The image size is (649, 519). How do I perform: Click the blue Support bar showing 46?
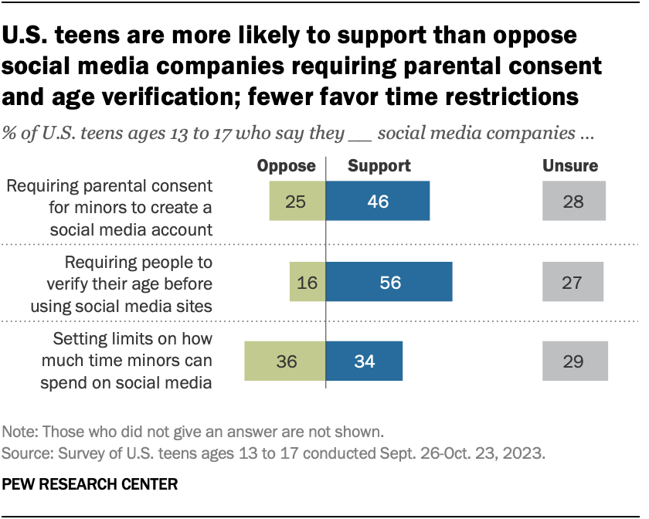(x=378, y=202)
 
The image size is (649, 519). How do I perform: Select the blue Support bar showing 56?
(x=389, y=282)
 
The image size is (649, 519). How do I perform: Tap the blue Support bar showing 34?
(x=364, y=361)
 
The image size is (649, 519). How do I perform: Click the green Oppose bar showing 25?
(x=297, y=202)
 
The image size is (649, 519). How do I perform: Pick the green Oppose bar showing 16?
(x=308, y=282)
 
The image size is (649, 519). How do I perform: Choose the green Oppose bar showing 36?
(x=285, y=361)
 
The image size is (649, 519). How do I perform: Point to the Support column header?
(x=379, y=165)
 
